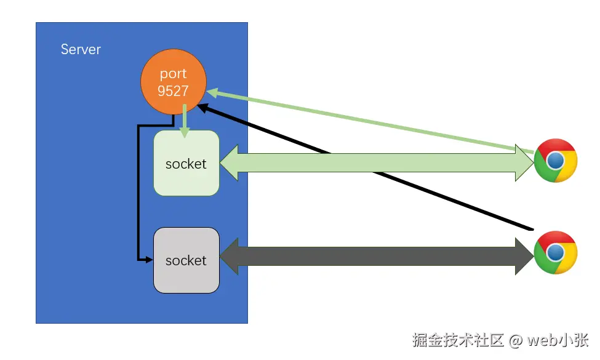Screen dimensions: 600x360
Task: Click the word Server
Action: [81, 49]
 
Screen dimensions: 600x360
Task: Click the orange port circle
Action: [174, 82]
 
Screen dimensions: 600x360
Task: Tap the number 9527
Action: [173, 91]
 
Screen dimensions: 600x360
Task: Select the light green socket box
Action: [186, 163]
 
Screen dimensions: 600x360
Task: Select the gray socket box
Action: [186, 260]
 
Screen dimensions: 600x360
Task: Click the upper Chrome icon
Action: [555, 161]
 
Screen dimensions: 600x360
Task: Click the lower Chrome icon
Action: [555, 252]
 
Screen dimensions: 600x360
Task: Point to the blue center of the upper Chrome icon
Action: [555, 161]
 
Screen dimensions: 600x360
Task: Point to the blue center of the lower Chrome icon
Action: [555, 253]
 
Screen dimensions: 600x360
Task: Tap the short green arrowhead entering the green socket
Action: [185, 132]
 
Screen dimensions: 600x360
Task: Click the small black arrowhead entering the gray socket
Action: [149, 260]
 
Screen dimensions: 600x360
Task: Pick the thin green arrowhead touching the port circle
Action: [213, 92]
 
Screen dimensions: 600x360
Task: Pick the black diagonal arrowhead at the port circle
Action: [203, 108]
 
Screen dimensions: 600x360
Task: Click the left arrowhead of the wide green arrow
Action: [229, 163]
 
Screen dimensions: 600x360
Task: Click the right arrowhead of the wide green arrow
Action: [525, 163]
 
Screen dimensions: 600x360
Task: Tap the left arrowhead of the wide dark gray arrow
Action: [229, 257]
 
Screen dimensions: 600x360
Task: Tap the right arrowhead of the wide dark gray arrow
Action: [525, 257]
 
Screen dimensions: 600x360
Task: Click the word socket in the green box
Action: [186, 164]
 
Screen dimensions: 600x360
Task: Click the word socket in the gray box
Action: [186, 260]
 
